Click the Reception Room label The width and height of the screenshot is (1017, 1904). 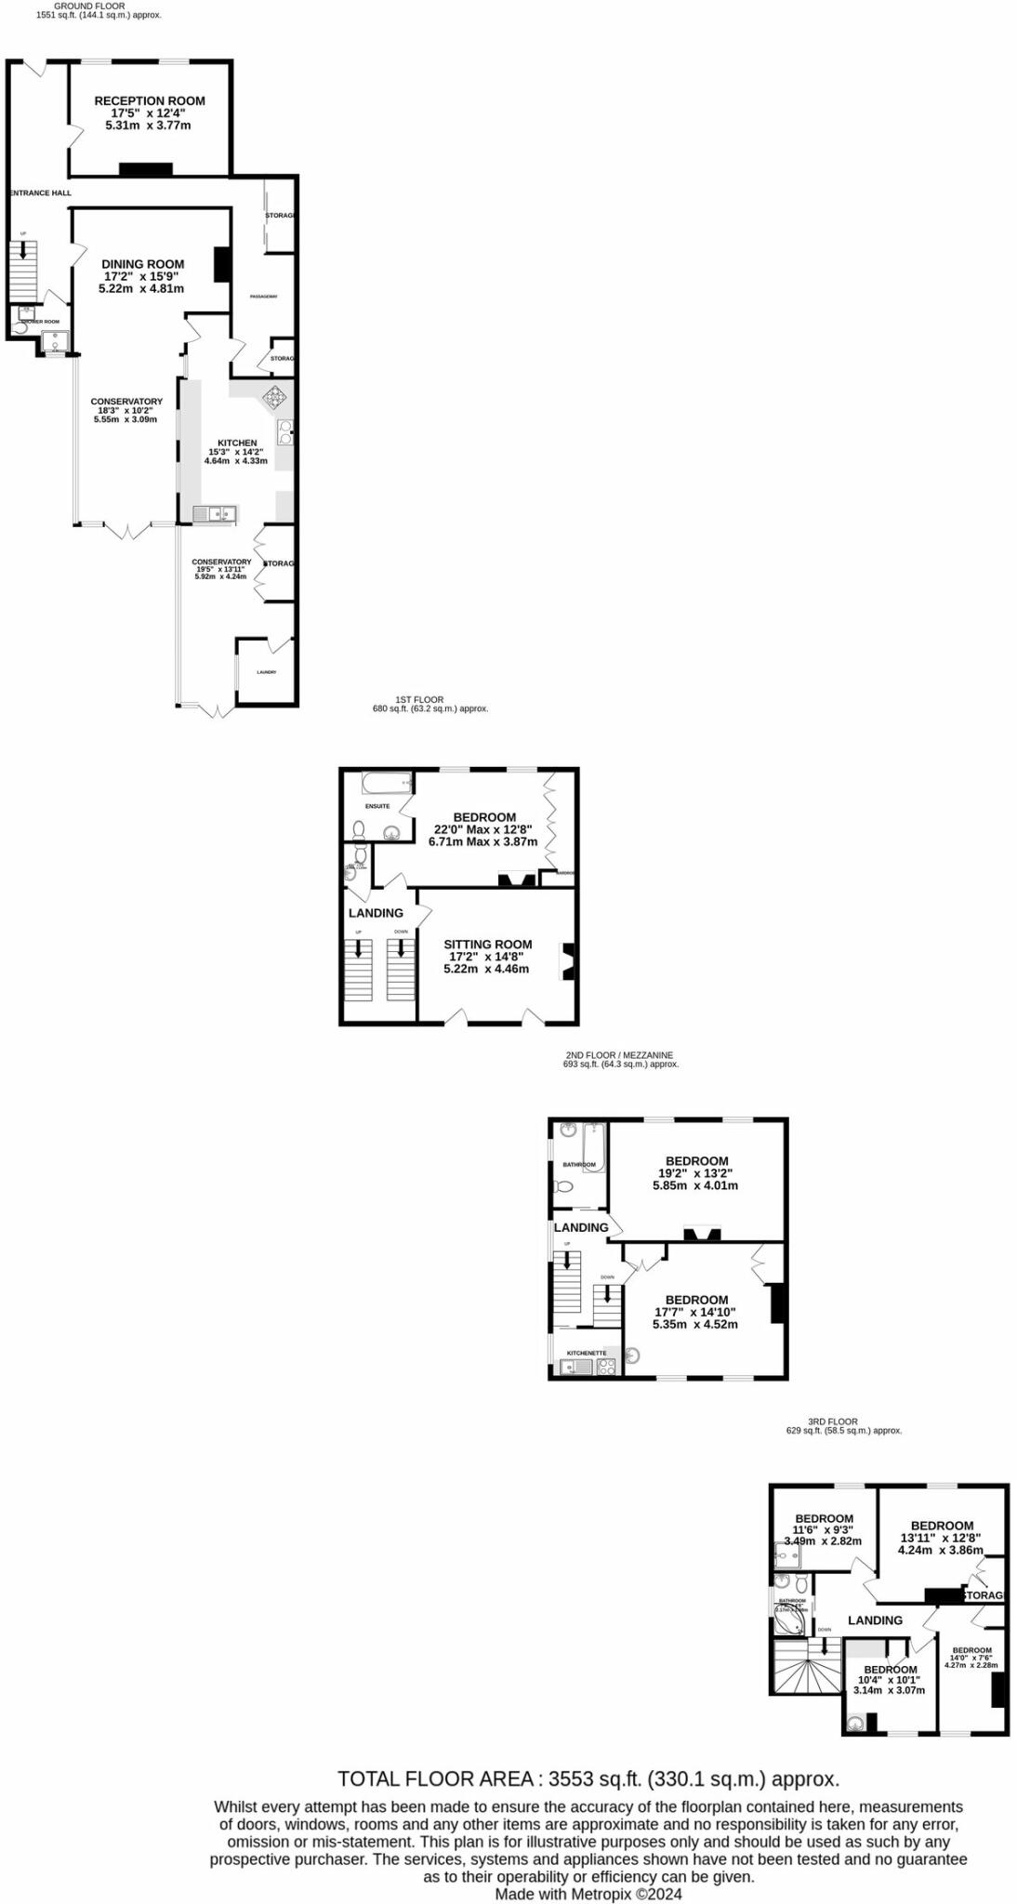point(150,100)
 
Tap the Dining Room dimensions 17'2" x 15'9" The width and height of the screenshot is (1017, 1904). point(142,276)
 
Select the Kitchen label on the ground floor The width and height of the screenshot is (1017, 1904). point(237,443)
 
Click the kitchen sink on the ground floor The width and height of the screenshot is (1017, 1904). point(215,513)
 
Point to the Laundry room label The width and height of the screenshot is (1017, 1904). point(267,672)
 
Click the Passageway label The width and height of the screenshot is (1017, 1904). point(264,297)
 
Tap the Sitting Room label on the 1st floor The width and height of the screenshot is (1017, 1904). point(487,944)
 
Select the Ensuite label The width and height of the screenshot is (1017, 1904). point(377,806)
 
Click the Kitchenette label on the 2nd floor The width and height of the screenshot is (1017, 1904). point(587,1353)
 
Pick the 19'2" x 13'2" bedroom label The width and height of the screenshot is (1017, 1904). point(696,1160)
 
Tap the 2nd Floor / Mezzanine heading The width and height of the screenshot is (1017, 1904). point(619,1055)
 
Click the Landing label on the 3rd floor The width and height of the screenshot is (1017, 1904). point(875,1620)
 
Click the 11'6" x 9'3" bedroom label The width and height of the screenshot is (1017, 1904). point(824,1518)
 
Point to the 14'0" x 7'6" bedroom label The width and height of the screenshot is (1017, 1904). point(971,1650)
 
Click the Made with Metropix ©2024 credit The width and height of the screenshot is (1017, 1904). point(588,1894)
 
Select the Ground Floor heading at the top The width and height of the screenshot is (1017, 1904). point(89,6)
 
